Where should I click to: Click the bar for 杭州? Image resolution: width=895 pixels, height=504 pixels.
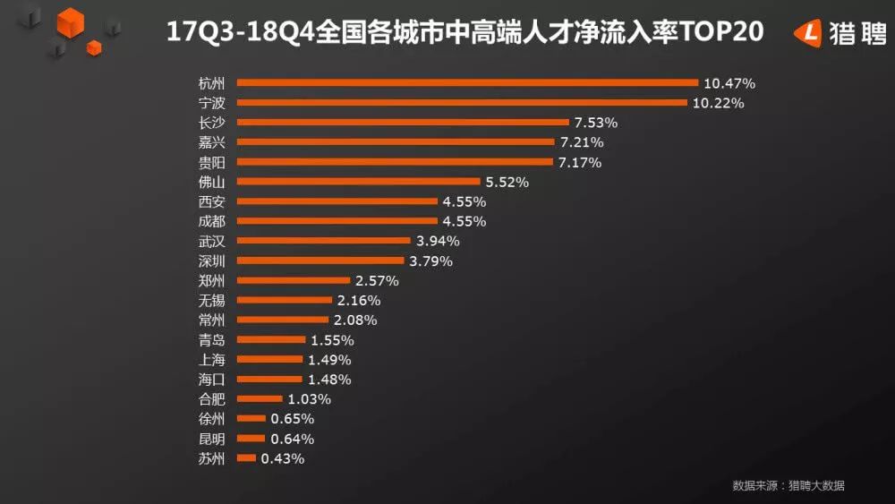[x=466, y=83]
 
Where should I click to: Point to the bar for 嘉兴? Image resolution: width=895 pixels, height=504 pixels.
[x=395, y=142]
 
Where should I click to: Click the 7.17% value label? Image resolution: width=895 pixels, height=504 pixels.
[x=580, y=162]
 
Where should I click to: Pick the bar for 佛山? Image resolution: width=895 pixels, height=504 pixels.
[x=359, y=182]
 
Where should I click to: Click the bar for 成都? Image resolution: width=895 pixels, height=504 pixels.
[x=337, y=221]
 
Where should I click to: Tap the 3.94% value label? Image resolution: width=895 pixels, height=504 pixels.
[x=438, y=241]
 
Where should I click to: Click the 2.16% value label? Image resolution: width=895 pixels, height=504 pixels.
[x=358, y=300]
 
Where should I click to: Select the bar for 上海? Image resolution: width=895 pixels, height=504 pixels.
[x=269, y=359]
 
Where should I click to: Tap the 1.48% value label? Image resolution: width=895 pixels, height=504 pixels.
[x=328, y=379]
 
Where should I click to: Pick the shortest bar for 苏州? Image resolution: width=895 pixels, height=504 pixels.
[x=246, y=458]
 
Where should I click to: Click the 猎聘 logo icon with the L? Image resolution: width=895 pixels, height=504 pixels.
[x=808, y=33]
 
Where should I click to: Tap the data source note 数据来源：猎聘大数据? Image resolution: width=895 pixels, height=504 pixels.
[x=788, y=486]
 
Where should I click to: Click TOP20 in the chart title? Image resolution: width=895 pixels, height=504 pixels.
[x=722, y=33]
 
